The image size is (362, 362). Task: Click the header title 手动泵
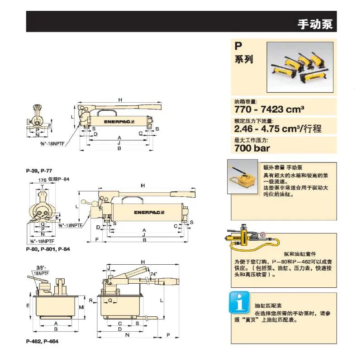click(x=315, y=24)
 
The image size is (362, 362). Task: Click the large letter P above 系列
click(x=238, y=46)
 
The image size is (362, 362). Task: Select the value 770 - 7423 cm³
click(x=269, y=110)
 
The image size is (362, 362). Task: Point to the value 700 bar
click(x=252, y=148)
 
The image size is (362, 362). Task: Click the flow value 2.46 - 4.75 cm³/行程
click(x=278, y=129)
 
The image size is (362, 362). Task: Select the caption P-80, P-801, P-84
click(x=48, y=249)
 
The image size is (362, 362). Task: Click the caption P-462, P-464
click(x=42, y=342)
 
